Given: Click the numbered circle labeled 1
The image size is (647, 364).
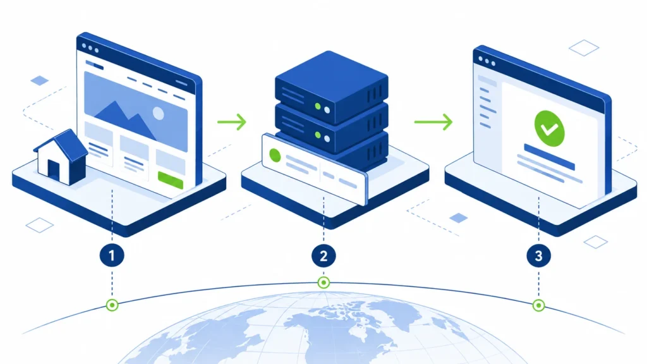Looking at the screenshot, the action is (112, 255).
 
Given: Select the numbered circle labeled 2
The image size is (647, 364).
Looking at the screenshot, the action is (323, 256).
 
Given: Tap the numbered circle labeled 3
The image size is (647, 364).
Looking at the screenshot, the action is (538, 256).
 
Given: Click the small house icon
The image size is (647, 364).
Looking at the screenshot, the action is (61, 157).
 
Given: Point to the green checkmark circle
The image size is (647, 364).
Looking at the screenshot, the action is (549, 128).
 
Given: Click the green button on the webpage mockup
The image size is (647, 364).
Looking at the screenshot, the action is (171, 180).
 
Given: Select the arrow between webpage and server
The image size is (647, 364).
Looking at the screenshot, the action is (232, 122).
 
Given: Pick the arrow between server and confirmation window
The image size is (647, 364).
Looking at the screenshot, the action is (433, 122).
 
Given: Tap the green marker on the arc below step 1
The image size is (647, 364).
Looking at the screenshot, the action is (112, 305).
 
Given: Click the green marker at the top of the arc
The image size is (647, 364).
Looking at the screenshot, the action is (323, 282).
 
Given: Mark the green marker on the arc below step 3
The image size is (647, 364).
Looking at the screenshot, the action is (538, 305).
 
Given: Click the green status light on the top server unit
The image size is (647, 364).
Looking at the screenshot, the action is (318, 106).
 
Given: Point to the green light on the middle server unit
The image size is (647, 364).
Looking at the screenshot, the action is (318, 135).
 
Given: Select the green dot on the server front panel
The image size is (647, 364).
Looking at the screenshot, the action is (275, 155).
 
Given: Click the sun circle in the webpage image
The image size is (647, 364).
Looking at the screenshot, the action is (159, 113).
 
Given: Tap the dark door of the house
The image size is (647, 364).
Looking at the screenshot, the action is (54, 169).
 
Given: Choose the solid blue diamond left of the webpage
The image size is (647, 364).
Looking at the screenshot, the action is (40, 80).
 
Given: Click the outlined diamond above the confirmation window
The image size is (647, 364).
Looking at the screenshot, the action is (584, 48).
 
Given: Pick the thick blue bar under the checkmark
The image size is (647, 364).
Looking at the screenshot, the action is (549, 157).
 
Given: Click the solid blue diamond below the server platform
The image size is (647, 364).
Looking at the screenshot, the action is (459, 218).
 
